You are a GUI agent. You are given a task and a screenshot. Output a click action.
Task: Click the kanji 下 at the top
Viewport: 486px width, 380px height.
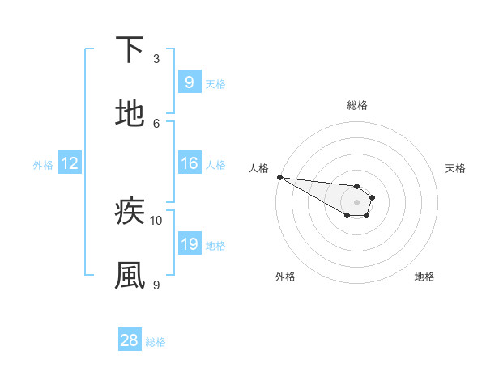[130, 50]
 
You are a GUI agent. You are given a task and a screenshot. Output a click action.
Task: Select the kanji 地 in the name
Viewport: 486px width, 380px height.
[130, 113]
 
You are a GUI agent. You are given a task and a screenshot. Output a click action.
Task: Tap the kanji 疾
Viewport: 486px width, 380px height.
[130, 212]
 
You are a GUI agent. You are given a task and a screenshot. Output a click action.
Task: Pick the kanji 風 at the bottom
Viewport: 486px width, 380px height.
[130, 275]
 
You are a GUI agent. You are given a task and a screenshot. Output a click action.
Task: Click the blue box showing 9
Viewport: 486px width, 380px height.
[189, 82]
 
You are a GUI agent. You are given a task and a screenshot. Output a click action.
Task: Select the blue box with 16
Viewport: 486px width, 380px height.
[189, 163]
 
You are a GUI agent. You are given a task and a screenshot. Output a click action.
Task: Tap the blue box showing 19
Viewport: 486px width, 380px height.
[189, 244]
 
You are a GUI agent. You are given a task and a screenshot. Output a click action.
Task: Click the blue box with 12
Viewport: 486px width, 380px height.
[69, 163]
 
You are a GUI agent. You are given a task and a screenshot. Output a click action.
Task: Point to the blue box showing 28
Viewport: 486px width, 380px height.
[130, 340]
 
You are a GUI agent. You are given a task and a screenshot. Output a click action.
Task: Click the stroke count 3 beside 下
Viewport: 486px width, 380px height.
[156, 58]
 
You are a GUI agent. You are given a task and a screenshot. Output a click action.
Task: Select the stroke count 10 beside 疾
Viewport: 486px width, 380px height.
[156, 220]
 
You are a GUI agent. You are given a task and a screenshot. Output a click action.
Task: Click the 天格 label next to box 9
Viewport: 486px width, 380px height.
[215, 83]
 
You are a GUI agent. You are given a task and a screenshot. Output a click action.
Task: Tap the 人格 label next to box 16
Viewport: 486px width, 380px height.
[215, 164]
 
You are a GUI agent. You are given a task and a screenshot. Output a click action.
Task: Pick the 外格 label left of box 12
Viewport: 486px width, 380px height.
[43, 164]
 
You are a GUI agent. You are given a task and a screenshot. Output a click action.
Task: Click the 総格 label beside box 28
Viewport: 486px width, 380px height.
[156, 341]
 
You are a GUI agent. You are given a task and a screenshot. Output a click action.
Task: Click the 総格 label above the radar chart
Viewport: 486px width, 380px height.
[356, 105]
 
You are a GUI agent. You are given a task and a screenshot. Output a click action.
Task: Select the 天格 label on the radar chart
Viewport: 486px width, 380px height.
[456, 168]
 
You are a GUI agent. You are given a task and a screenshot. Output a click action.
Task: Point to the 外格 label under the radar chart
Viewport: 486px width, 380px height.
[285, 277]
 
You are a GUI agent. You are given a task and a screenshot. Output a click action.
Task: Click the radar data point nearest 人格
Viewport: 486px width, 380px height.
[279, 177]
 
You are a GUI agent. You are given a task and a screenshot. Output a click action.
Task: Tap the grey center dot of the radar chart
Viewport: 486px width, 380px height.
[356, 202]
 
